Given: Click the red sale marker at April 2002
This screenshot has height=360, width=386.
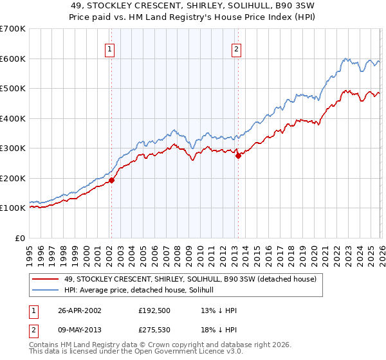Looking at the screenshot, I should coord(111,181).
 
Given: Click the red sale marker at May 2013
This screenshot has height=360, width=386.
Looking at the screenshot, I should coord(237,156).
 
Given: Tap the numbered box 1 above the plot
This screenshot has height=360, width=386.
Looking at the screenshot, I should coord(110,49).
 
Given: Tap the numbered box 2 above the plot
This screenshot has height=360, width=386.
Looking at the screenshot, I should coord(236,49).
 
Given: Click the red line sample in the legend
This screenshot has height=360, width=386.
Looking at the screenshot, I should coord(46,280).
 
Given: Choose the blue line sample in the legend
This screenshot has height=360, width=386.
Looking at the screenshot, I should coord(46,291).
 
